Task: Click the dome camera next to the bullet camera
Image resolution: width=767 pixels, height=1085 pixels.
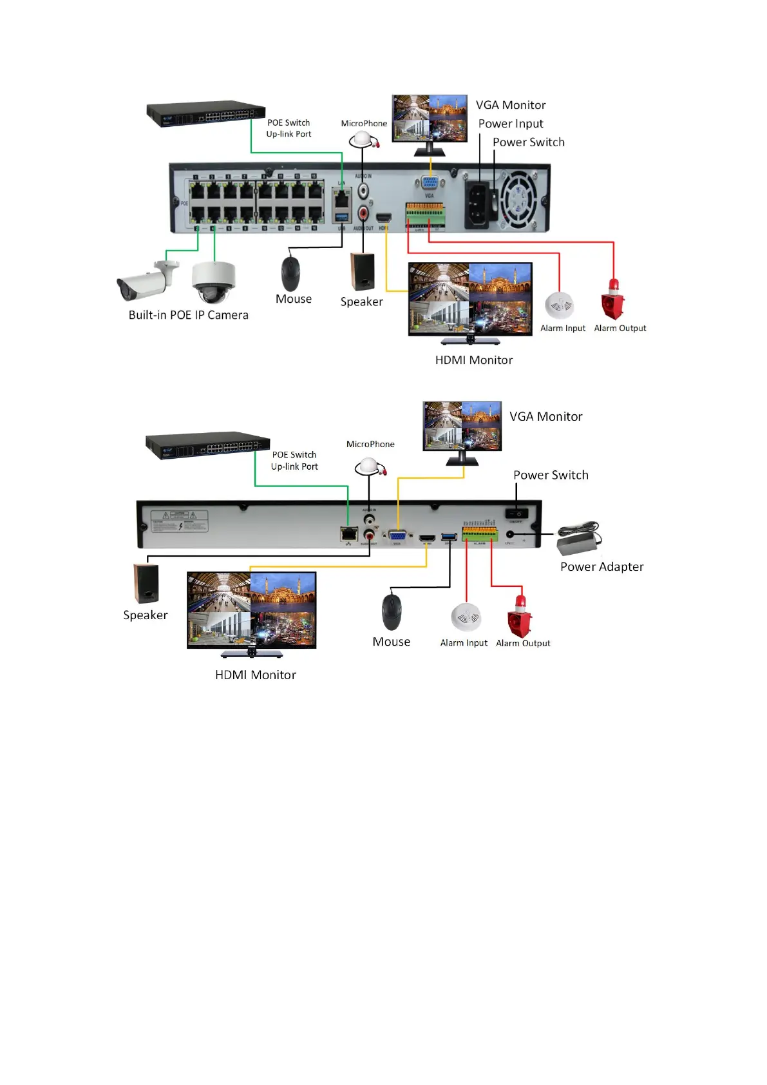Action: pos(213,282)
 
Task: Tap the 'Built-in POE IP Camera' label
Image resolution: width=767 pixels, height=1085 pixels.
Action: pos(188,315)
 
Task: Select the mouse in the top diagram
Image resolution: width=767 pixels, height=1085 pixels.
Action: pos(290,273)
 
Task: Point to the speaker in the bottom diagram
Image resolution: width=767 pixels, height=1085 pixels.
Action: pos(146,584)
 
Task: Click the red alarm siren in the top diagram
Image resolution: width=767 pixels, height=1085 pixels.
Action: pos(612,300)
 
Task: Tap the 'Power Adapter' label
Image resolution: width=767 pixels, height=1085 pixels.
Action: pos(601,567)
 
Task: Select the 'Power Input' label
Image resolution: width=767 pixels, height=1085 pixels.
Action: pos(511,124)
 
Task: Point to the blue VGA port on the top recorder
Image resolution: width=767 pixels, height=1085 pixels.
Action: pos(430,184)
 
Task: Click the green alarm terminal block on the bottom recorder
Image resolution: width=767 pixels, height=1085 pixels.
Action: pos(480,534)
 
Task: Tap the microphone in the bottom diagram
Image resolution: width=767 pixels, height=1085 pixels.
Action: pos(369,467)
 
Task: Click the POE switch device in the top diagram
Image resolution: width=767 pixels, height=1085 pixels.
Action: pos(206,113)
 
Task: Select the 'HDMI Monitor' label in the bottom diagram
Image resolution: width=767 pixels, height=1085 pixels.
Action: pos(256,675)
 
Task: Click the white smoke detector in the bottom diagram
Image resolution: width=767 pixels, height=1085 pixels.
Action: pos(466,617)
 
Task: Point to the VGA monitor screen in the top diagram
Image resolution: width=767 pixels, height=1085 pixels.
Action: pos(430,117)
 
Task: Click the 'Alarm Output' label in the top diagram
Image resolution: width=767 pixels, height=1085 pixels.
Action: pos(620,329)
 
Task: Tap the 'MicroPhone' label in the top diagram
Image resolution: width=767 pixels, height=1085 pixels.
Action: pos(364,124)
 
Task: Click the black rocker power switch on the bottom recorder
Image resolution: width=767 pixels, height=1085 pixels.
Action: pos(516,514)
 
